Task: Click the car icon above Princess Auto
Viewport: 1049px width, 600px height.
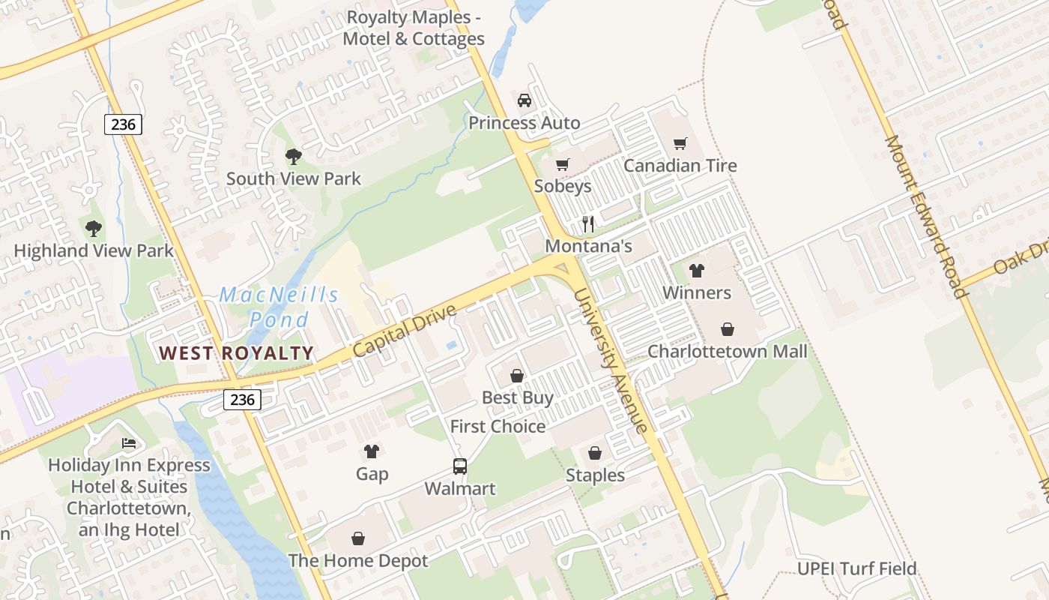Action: (x=524, y=100)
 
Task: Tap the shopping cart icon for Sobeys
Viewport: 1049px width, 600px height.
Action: (x=563, y=164)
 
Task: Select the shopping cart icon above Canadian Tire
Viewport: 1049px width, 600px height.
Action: (x=680, y=143)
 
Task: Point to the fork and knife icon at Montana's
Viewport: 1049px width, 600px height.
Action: (x=588, y=224)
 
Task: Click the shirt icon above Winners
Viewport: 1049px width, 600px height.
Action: (x=697, y=271)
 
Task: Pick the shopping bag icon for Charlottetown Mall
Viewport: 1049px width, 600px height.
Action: (x=727, y=329)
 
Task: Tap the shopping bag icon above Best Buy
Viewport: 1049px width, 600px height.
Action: (x=517, y=376)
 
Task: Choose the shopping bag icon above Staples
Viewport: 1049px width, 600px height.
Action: (x=595, y=454)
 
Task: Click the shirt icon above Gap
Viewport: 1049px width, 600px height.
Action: (x=372, y=451)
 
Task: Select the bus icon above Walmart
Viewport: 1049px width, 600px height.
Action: (x=459, y=466)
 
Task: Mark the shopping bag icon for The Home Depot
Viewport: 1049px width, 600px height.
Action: (x=358, y=538)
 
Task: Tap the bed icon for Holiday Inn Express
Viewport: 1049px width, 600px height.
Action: (x=129, y=443)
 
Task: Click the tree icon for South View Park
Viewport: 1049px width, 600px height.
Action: (x=294, y=157)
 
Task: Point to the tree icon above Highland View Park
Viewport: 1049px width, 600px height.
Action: (x=93, y=229)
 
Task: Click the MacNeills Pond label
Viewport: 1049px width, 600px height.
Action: (x=279, y=307)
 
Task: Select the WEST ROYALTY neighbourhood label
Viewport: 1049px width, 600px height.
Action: (x=236, y=353)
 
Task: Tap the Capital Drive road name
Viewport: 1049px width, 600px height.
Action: (x=404, y=330)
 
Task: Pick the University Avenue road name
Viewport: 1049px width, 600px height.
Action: (x=610, y=361)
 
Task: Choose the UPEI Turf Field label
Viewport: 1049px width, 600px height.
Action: (x=856, y=568)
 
